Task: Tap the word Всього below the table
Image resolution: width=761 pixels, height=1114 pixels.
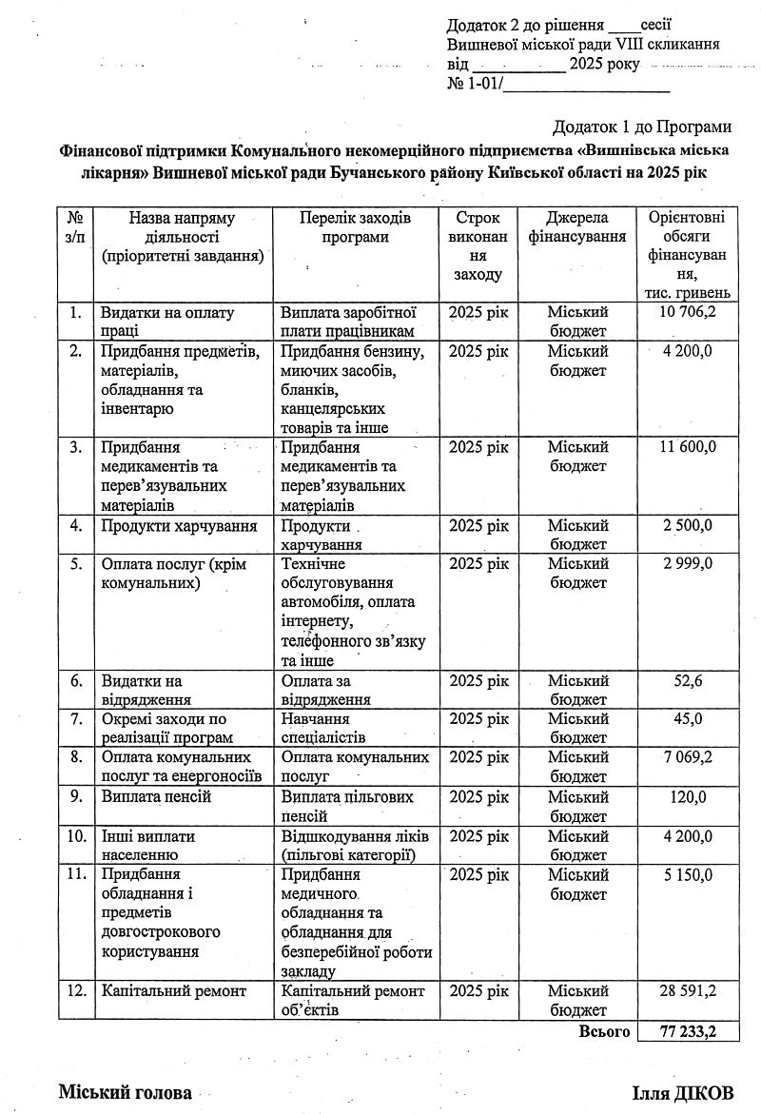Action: tap(604, 1032)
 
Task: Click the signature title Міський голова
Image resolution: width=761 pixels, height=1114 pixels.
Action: tap(125, 1092)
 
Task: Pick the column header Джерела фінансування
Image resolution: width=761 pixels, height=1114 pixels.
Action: tap(577, 227)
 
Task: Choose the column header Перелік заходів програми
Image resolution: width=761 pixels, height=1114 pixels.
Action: tap(354, 227)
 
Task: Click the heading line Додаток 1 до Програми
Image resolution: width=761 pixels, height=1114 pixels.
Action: tap(641, 127)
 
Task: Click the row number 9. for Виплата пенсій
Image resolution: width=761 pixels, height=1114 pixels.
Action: tap(75, 796)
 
